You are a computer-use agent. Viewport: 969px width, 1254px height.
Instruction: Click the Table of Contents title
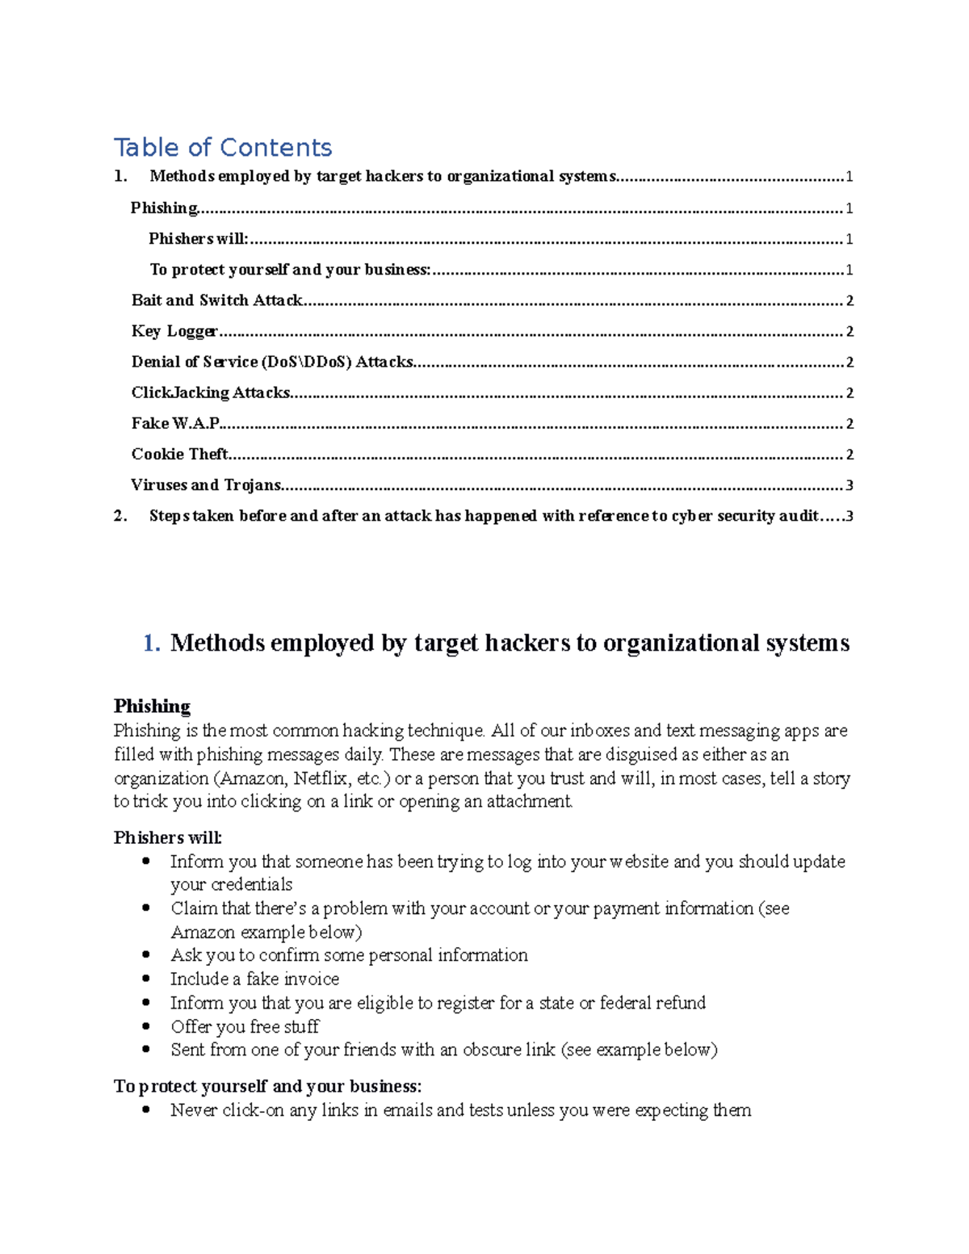tap(223, 147)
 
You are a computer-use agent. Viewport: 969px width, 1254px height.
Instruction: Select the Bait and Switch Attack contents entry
tap(216, 300)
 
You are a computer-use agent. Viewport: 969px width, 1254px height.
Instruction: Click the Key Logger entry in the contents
tap(174, 331)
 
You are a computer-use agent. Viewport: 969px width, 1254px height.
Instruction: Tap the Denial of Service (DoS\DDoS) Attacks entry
tap(272, 362)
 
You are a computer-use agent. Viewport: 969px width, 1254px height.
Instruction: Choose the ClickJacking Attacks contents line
tap(210, 392)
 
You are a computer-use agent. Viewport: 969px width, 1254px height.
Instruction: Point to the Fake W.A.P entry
tap(175, 423)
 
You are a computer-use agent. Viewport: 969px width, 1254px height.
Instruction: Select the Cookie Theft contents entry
tap(179, 454)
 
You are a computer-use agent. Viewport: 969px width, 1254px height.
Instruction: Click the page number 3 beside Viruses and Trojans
tap(849, 485)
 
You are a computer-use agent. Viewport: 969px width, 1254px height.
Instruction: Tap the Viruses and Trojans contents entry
tap(206, 485)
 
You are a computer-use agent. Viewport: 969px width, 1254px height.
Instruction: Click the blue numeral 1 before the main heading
tap(150, 643)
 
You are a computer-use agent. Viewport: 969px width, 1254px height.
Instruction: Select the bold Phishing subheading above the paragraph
tap(152, 707)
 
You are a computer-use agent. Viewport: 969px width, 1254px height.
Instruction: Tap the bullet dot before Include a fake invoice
tap(146, 979)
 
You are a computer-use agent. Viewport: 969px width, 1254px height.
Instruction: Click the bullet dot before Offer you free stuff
tap(146, 1026)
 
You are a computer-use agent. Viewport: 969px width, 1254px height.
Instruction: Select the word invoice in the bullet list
tap(312, 979)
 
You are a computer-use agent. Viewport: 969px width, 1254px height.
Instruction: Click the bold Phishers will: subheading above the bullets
tap(167, 837)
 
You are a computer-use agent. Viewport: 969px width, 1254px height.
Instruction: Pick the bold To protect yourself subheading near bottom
tap(267, 1086)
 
